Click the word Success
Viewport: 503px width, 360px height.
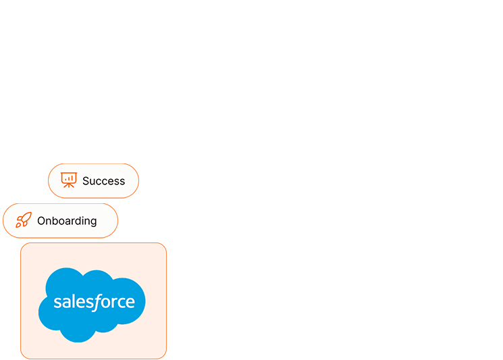[103, 181]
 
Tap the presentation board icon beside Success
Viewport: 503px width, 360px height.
[69, 180]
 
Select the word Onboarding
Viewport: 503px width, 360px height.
[67, 221]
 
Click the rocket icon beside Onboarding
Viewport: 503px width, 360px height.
[24, 220]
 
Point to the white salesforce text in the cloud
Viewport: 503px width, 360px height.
[94, 302]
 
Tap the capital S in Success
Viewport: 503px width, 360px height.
[86, 181]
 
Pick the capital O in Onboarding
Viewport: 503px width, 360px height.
[41, 221]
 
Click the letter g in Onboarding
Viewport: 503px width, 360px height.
[93, 222]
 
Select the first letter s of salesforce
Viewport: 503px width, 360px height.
[57, 303]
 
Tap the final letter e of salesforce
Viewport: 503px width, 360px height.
[130, 303]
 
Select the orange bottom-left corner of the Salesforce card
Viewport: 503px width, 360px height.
[22, 357]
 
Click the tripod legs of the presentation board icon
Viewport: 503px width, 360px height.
[69, 185]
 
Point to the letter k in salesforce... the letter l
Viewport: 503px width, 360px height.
[70, 301]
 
